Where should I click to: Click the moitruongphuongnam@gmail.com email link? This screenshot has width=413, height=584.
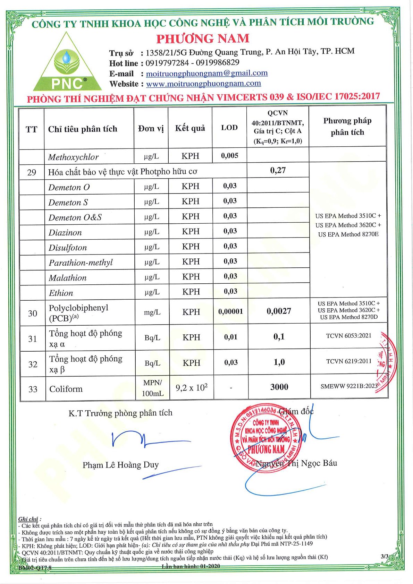[x=206, y=73]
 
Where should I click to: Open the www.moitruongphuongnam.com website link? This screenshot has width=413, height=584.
[x=203, y=84]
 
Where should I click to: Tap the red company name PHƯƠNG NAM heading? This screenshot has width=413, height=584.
[x=203, y=38]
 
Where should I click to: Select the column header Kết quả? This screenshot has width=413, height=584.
[x=190, y=128]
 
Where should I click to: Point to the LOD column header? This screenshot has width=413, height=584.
[x=229, y=128]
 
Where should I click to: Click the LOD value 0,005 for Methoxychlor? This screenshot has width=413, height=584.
[x=230, y=156]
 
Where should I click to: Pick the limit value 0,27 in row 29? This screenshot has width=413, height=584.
[x=278, y=170]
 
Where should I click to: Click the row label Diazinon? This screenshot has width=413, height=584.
[x=65, y=233]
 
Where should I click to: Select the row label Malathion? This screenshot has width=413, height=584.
[x=68, y=278]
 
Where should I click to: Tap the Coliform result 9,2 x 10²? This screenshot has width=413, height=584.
[x=192, y=387]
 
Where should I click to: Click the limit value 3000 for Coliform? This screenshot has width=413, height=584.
[x=279, y=387]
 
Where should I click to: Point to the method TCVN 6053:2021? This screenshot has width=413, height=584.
[x=348, y=336]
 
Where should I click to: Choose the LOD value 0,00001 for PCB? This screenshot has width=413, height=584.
[x=230, y=312]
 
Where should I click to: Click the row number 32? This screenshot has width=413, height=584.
[x=33, y=364]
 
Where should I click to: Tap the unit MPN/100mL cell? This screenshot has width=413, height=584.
[x=153, y=388]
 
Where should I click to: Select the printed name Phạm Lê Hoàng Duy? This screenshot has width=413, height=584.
[x=120, y=465]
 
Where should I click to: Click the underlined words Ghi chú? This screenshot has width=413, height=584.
[x=28, y=519]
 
